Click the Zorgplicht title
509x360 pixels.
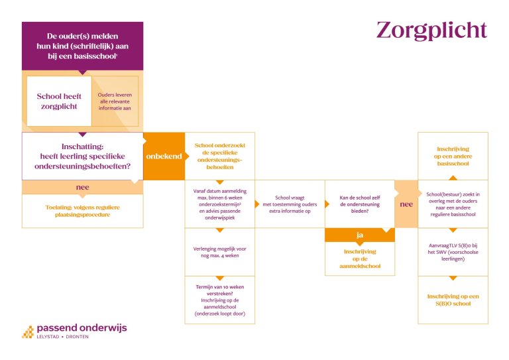point(431,31)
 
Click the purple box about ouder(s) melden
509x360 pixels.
point(82,46)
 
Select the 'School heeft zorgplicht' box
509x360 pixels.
point(59,101)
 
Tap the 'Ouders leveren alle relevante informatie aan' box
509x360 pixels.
point(115,101)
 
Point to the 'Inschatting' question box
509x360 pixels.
point(82,156)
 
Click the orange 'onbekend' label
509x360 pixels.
point(164,156)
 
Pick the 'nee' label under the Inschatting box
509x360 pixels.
point(82,188)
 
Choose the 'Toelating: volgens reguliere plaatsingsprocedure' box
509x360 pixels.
point(82,211)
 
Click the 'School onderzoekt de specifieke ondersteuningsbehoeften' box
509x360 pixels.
point(220,156)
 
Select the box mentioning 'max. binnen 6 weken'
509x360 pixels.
point(220,204)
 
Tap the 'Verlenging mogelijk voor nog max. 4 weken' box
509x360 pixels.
point(220,252)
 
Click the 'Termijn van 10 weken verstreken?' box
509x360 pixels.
point(220,300)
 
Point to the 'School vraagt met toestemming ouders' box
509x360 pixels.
point(290,204)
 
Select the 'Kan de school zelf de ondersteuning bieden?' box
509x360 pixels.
point(360,204)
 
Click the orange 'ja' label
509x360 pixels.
point(360,235)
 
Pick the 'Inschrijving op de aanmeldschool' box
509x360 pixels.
point(360,259)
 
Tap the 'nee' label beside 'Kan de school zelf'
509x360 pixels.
point(406,204)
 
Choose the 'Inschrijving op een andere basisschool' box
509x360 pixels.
point(453,156)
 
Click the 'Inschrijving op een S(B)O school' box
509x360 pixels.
point(453,300)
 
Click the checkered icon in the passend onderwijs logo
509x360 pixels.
point(28,332)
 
